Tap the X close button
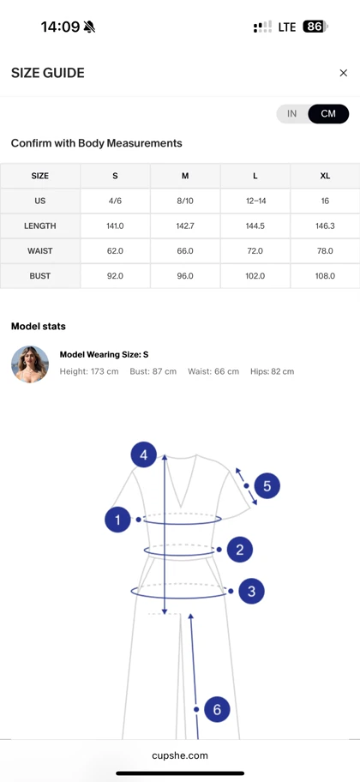tap(343, 73)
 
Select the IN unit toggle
tap(292, 114)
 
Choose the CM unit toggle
tap(328, 114)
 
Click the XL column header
tap(325, 176)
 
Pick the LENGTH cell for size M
tap(185, 226)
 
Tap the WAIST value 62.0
tap(115, 251)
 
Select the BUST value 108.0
tap(325, 276)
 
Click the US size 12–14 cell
tap(255, 201)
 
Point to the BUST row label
tap(40, 276)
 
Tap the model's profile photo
tap(30, 364)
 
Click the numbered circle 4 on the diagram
tap(144, 454)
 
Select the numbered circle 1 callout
tap(117, 520)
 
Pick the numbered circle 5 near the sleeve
tap(267, 486)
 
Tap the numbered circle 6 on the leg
tap(217, 709)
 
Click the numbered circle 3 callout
tap(251, 592)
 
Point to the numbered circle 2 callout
tap(240, 550)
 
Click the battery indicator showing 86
tap(315, 27)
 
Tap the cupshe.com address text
tap(180, 755)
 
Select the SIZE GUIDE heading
tap(48, 73)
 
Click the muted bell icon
tap(89, 27)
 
